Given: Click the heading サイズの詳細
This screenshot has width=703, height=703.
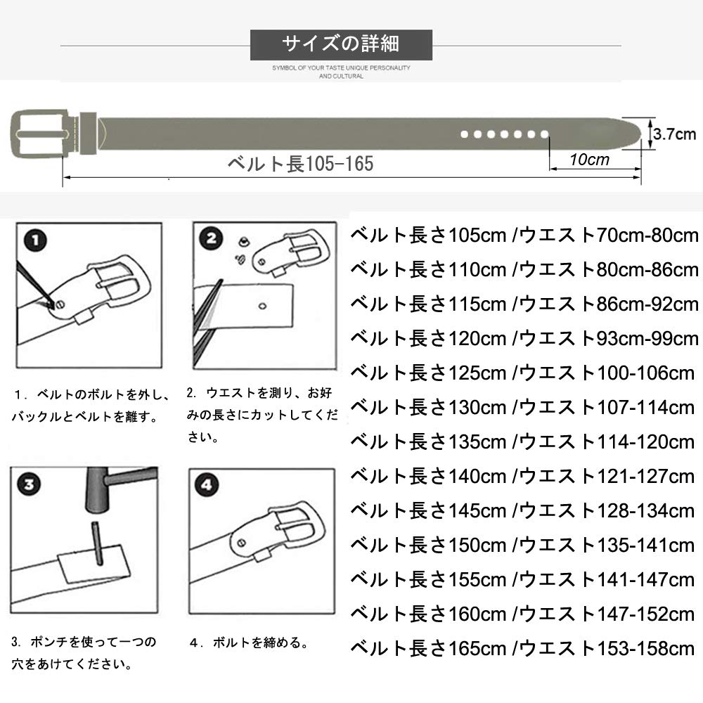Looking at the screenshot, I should point(341,44).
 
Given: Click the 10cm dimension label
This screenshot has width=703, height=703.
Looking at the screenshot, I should point(589,160).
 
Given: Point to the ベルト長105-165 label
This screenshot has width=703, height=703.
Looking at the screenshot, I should point(299,164).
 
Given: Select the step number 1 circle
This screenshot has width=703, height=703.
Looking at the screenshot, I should point(34,243).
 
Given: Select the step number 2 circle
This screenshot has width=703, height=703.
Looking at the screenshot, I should point(211,240).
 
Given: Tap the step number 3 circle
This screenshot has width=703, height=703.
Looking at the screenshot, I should point(29,485).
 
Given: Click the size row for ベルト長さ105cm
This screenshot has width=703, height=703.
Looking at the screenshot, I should point(524,235).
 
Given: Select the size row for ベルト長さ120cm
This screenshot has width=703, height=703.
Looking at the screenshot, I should point(524,338).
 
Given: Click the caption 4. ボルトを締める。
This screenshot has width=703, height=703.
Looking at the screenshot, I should point(250,642).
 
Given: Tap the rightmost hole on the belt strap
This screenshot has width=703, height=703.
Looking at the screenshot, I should point(543,133).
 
